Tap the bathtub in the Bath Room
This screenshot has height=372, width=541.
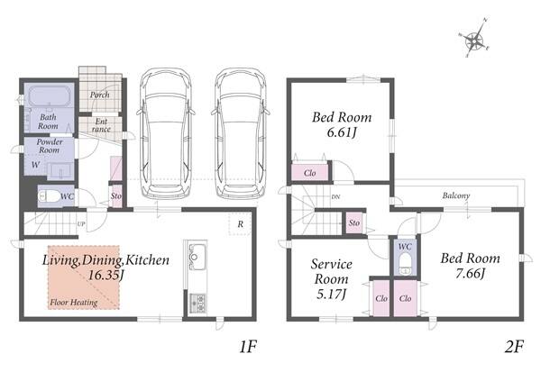[x=50, y=96]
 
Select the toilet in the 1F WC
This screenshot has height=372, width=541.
[x=49, y=196]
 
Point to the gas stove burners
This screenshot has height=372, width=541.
[x=198, y=303]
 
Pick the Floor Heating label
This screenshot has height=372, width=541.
[x=74, y=303]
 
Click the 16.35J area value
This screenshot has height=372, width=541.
[x=105, y=275]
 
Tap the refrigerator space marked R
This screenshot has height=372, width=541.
[x=241, y=224]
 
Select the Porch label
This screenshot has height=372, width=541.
[x=100, y=95]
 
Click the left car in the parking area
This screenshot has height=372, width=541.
[x=166, y=134]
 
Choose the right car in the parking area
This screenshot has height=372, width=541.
[x=240, y=134]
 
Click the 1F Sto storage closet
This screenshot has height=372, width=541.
[x=116, y=196]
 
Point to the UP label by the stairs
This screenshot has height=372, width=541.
[x=81, y=224]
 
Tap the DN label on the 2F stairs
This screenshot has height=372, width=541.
[x=335, y=197]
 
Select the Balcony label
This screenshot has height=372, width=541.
[x=456, y=195]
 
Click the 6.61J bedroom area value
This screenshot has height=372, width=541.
[x=341, y=132]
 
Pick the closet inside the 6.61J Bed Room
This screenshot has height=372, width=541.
[x=309, y=172]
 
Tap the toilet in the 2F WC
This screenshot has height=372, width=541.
[x=406, y=264]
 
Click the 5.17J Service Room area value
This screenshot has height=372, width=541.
[x=331, y=294]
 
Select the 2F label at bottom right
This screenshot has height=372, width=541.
[x=514, y=346]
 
